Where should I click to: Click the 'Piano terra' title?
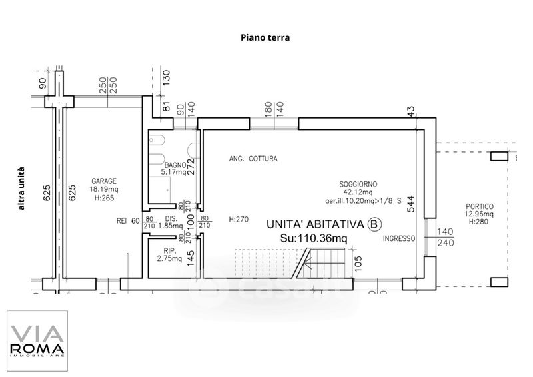(265, 38)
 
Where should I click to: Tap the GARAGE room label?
(105, 181)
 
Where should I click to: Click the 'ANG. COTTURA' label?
(253, 159)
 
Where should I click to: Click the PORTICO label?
(478, 206)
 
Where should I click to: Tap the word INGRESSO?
(400, 238)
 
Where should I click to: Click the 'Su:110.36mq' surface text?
(313, 238)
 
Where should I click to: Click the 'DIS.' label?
(170, 218)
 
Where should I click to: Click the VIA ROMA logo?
(37, 340)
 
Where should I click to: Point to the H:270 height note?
(237, 219)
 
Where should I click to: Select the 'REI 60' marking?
(127, 221)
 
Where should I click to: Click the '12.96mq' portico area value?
(478, 214)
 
